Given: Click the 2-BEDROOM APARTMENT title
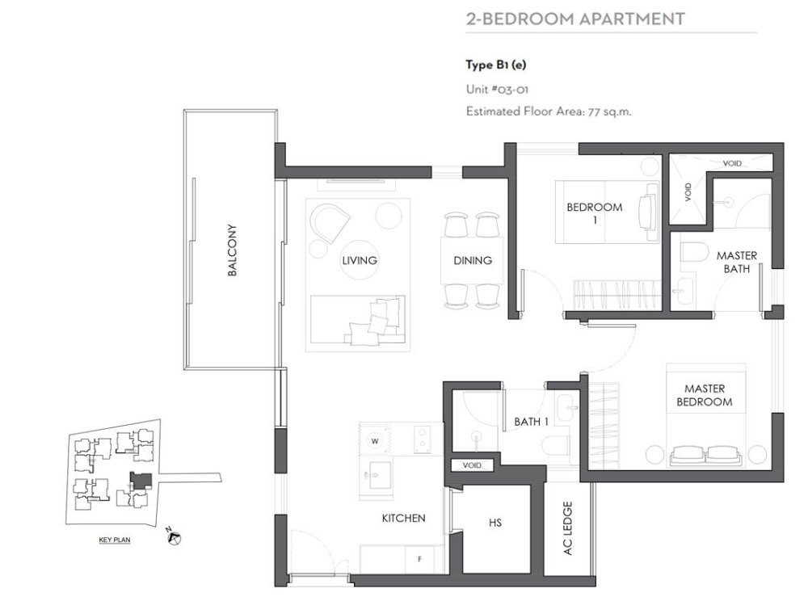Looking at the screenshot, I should (x=575, y=19).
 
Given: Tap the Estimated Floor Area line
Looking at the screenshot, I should (x=549, y=112).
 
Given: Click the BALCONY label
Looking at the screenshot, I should (x=232, y=250).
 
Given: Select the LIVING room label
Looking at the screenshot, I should (x=360, y=260).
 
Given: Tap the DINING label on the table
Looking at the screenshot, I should (x=473, y=260).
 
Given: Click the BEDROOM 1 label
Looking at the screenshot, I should (x=594, y=213).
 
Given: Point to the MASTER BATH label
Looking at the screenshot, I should (x=736, y=262).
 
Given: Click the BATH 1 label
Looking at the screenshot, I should (x=531, y=421).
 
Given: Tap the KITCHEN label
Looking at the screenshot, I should (x=403, y=518).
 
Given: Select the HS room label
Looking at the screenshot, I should (x=495, y=523).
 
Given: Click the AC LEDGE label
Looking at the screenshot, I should (x=567, y=528).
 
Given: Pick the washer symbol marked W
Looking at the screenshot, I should (x=376, y=441).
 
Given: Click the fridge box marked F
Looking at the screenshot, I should (x=419, y=558).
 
